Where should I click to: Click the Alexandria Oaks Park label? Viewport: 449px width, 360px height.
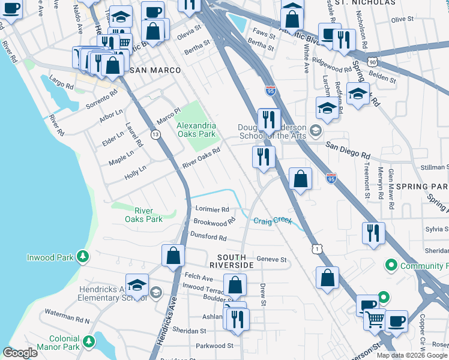pyautogui.click(x=196, y=130)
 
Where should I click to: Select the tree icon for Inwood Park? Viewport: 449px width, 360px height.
pyautogui.click(x=83, y=258)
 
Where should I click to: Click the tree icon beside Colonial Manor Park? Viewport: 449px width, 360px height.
pyautogui.click(x=89, y=341)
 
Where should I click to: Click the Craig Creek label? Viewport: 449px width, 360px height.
pyautogui.click(x=272, y=221)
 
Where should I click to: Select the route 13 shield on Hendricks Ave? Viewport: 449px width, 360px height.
pyautogui.click(x=155, y=135)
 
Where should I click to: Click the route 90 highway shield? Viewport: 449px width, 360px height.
pyautogui.click(x=373, y=62)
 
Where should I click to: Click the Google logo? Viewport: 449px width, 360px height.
pyautogui.click(x=20, y=353)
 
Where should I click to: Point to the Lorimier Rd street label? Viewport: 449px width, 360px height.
pyautogui.click(x=212, y=210)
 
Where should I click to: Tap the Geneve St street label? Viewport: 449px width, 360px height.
pyautogui.click(x=272, y=259)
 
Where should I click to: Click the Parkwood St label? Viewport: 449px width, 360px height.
pyautogui.click(x=214, y=346)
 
